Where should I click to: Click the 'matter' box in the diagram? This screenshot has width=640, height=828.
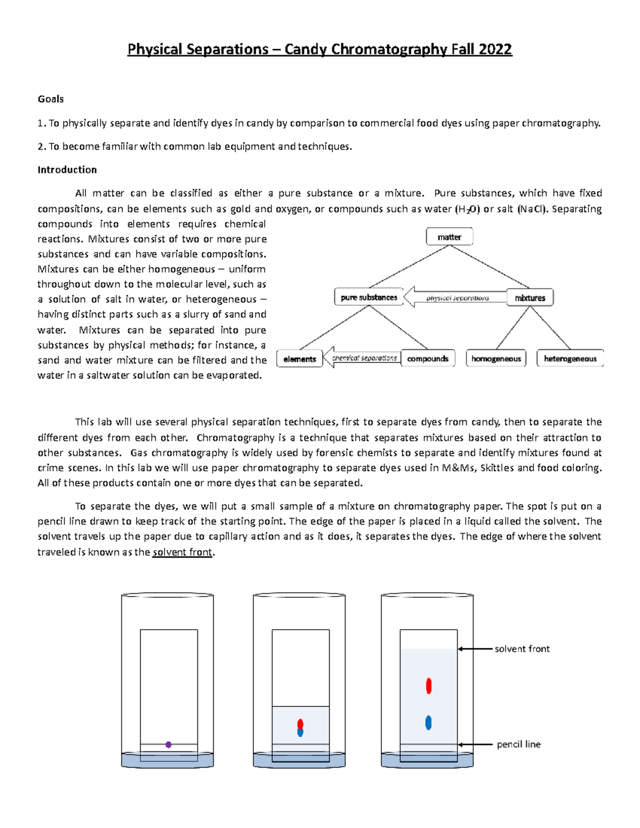(449, 237)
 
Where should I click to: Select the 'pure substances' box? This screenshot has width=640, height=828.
(369, 298)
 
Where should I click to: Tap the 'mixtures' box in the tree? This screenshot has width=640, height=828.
(530, 298)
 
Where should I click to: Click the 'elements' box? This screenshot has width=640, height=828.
(299, 359)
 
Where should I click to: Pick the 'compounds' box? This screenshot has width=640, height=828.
(427, 359)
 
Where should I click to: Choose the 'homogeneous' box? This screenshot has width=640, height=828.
(495, 359)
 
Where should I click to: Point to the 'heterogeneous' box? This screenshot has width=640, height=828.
(570, 359)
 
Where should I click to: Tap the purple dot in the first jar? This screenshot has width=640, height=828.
(169, 744)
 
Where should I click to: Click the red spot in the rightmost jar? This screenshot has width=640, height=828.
(429, 686)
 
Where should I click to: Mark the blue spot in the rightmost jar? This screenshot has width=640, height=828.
(428, 723)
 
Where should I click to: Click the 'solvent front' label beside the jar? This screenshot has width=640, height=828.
(522, 649)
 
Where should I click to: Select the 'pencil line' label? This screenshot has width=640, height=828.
(518, 744)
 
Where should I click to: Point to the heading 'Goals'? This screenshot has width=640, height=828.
(51, 99)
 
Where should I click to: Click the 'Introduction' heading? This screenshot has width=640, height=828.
(67, 170)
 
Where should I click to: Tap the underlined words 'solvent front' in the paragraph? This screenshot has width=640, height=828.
(182, 552)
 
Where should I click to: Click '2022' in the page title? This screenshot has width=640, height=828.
(495, 50)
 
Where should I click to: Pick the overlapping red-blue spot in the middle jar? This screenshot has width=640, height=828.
(300, 728)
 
